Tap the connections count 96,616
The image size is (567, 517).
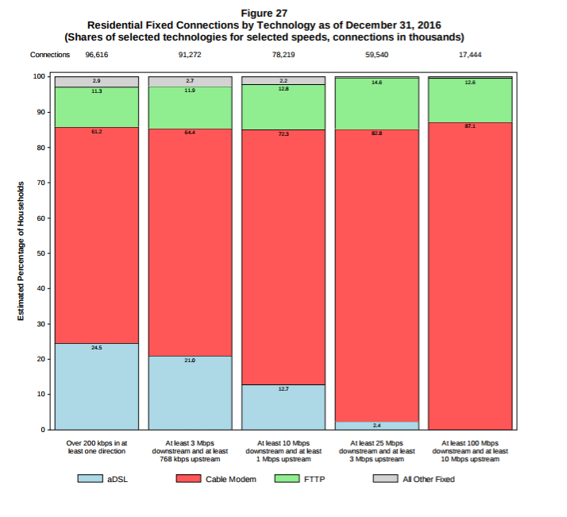[x=96, y=55]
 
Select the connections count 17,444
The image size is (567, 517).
[x=469, y=55]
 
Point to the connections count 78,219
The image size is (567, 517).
[x=283, y=55]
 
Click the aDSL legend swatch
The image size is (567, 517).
[x=90, y=479]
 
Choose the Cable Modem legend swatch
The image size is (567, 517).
[x=188, y=479]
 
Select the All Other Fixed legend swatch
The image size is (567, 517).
[x=385, y=479]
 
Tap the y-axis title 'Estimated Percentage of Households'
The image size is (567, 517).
[x=21, y=253]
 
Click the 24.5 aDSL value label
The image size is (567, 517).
[x=96, y=348]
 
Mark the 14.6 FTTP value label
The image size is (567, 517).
[x=376, y=83]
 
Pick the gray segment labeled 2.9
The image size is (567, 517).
[x=96, y=82]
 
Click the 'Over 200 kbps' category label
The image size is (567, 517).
[x=96, y=446]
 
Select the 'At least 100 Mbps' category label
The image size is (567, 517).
[x=469, y=450]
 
